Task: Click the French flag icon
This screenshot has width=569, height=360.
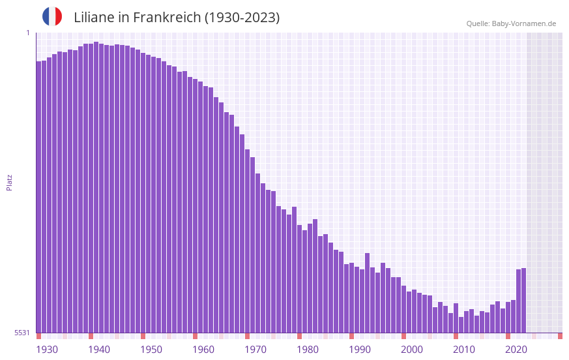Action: pos(52,17)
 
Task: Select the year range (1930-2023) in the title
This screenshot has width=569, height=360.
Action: pos(242,18)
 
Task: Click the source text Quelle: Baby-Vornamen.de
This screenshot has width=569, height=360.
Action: pos(511,23)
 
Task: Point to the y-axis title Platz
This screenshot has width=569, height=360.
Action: pos(9,182)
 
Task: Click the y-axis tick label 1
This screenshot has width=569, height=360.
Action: pos(27,33)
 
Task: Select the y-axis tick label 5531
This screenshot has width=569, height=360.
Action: pos(22,333)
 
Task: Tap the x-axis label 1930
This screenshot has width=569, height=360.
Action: pos(47,350)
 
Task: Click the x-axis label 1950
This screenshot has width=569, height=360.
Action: pos(151,350)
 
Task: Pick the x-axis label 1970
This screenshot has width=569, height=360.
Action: pos(255,350)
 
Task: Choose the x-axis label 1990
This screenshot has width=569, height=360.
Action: pos(360,350)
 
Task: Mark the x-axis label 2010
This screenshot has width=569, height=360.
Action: pos(464,350)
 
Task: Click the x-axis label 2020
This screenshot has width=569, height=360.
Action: pos(516,350)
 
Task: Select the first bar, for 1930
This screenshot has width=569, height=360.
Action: pos(38,196)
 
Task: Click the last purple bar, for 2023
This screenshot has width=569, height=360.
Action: pos(523,300)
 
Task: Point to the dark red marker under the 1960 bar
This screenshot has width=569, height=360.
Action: pos(195,336)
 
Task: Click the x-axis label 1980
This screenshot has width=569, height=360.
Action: pos(308,350)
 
